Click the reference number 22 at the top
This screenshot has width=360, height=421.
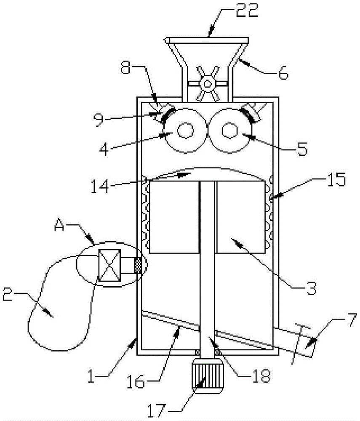click(247, 10)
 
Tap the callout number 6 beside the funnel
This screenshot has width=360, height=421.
click(283, 73)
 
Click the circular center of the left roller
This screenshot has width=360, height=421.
click(185, 131)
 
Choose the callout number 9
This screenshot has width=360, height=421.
click(99, 120)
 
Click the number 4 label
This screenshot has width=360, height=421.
click(104, 149)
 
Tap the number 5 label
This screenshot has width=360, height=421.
click(302, 149)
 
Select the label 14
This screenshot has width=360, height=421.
click(100, 186)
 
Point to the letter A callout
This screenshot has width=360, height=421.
click(59, 225)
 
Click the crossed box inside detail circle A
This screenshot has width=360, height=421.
click(109, 265)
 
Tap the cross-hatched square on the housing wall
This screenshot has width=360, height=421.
click(138, 265)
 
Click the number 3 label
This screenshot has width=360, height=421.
click(312, 288)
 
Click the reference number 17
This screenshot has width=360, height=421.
click(156, 410)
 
